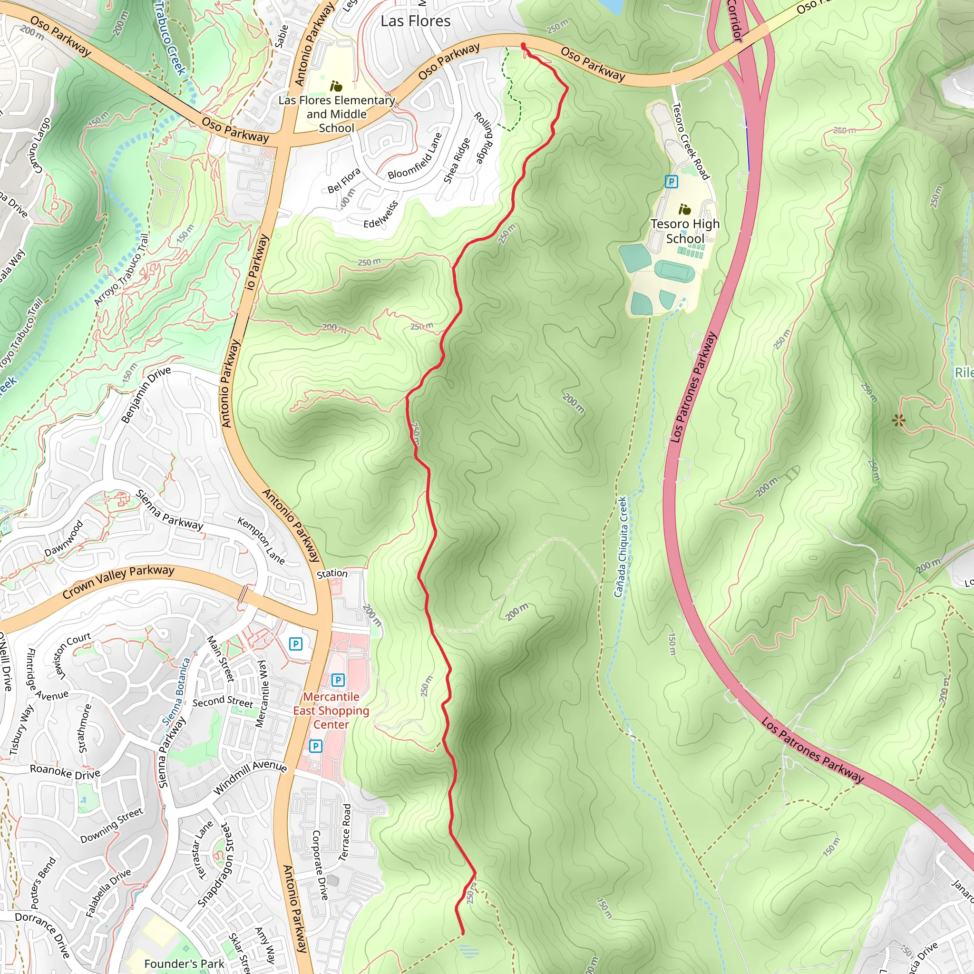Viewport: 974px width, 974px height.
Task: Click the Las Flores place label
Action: coord(415,21)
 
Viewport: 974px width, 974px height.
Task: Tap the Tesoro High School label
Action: coord(685,231)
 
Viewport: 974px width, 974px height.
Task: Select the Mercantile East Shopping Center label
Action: coord(331,711)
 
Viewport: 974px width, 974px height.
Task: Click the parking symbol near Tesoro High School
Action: coord(671,182)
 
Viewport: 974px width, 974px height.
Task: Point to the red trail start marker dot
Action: coord(523,46)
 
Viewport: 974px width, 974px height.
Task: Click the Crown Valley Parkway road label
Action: coord(118,582)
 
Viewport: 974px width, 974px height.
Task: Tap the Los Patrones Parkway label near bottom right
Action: coord(812,750)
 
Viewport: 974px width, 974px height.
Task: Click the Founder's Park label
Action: coord(184,964)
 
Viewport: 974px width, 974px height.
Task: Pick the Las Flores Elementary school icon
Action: coord(336,86)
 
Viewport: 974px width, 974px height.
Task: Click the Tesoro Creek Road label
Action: coord(691,141)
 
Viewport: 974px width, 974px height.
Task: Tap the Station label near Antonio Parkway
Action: coord(332,574)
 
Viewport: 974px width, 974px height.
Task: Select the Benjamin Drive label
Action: coord(146,394)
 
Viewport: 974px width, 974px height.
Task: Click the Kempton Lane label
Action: coord(261,540)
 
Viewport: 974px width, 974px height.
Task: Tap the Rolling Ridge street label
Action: coord(483,138)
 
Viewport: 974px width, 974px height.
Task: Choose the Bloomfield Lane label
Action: coord(415,156)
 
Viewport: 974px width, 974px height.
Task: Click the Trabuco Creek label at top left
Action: coord(170,38)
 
